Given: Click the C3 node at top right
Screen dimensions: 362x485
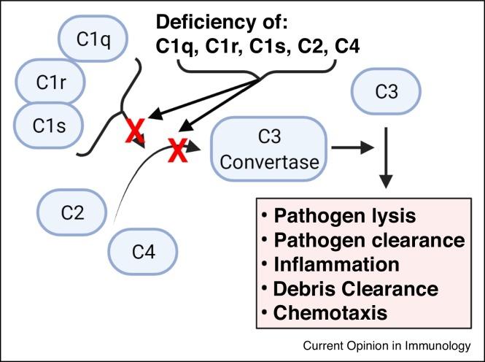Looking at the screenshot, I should pyautogui.click(x=387, y=92).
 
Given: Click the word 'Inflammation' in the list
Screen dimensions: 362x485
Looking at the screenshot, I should pyautogui.click(x=339, y=264).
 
